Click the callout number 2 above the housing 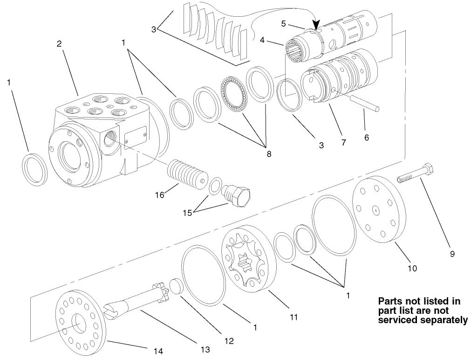tap(59, 44)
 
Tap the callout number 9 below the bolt tap(452, 254)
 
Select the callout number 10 tap(412, 268)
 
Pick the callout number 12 tap(229, 341)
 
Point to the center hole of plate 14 tap(79, 324)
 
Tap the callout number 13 tap(205, 349)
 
